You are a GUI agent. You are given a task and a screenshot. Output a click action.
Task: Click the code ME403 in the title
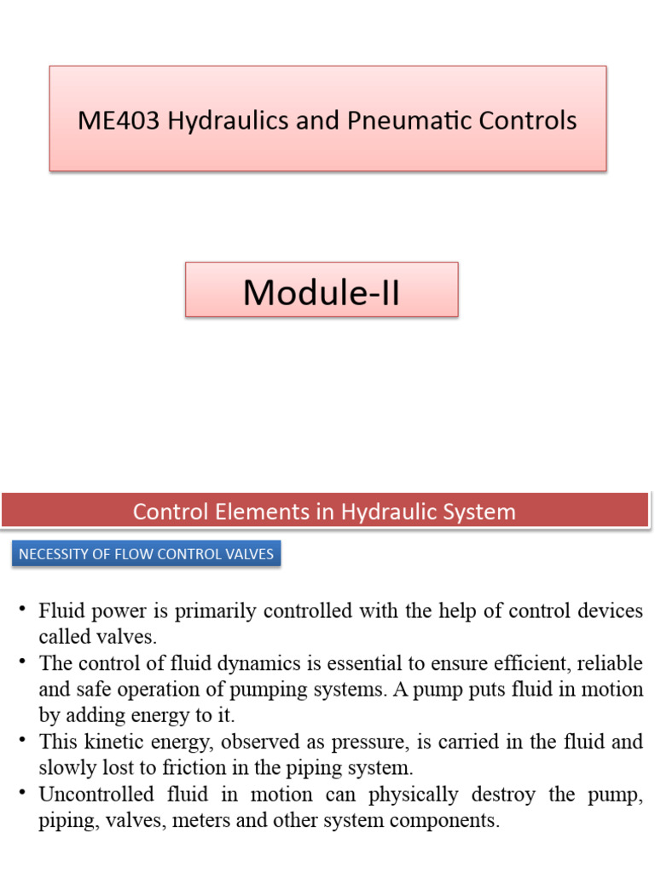tap(119, 121)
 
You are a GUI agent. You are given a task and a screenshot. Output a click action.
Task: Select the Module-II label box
tap(322, 290)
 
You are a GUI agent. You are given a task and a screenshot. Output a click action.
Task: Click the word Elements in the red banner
tap(254, 512)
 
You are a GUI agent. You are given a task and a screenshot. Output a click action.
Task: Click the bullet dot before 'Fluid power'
tap(21, 611)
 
